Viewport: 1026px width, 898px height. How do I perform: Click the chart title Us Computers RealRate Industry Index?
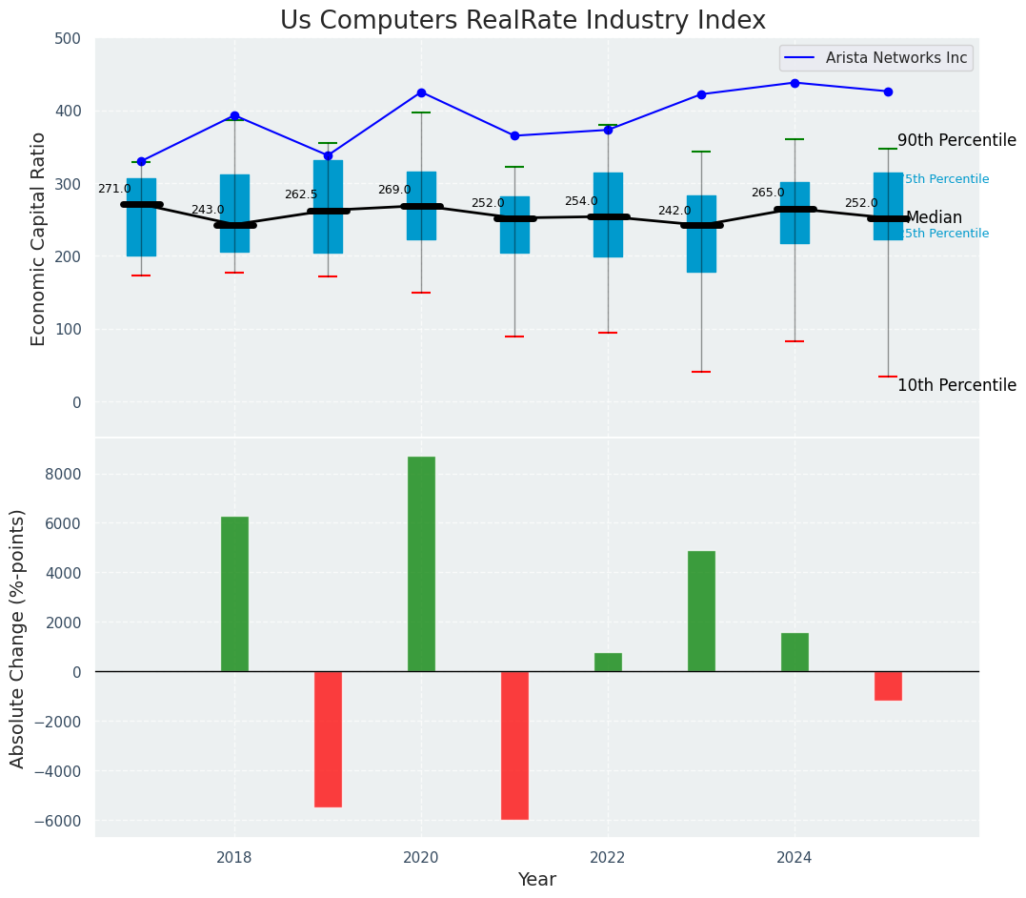click(522, 21)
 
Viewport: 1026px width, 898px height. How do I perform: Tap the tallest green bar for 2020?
click(421, 563)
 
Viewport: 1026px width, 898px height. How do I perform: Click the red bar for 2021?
click(514, 745)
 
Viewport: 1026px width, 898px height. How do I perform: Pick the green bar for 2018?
click(234, 594)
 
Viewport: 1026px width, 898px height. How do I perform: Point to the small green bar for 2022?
click(608, 663)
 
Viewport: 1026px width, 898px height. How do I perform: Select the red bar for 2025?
click(888, 685)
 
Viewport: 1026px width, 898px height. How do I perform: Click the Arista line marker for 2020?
click(421, 92)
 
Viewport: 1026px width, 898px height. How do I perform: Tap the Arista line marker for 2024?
click(795, 83)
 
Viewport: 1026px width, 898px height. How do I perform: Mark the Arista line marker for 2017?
click(141, 161)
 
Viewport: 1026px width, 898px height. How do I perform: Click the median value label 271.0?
click(114, 190)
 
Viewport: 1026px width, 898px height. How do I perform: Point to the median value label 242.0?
click(674, 211)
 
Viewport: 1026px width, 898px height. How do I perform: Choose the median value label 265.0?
click(768, 194)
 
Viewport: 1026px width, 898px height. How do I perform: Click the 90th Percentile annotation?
click(956, 141)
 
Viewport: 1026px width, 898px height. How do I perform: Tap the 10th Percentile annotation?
click(956, 386)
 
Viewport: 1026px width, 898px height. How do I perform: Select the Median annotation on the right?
click(934, 218)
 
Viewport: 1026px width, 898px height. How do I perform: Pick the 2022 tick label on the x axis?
click(608, 857)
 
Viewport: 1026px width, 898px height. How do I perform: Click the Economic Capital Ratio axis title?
click(39, 238)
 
